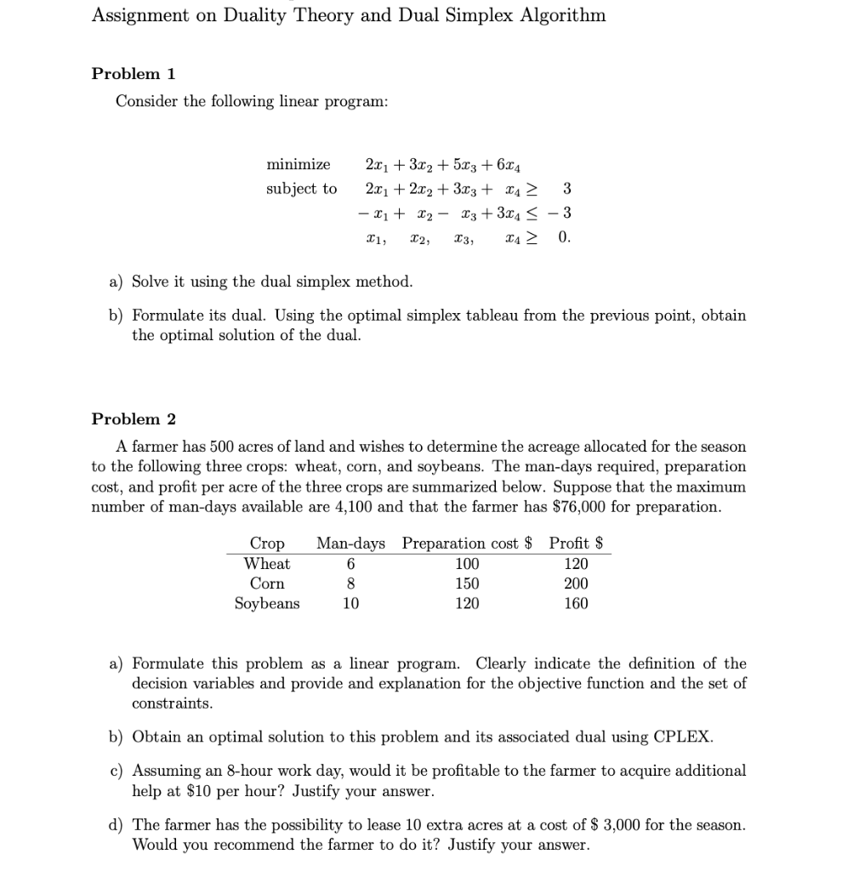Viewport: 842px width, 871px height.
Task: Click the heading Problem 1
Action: click(x=133, y=73)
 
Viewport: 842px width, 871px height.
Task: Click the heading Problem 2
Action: click(x=133, y=418)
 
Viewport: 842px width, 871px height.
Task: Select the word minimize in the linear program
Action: click(x=298, y=164)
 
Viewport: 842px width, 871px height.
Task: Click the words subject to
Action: click(x=301, y=188)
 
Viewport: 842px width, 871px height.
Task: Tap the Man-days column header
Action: click(x=350, y=544)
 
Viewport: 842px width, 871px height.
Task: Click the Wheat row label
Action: click(x=267, y=564)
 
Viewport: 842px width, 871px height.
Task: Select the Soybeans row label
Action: click(x=267, y=604)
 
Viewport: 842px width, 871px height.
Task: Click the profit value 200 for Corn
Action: click(x=576, y=584)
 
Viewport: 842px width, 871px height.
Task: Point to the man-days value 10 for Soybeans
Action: click(x=350, y=604)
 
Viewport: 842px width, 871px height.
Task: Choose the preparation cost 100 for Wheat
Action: click(x=467, y=564)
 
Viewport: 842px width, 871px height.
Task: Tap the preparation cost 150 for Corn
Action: click(x=467, y=584)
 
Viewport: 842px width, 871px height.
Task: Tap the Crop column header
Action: click(x=267, y=544)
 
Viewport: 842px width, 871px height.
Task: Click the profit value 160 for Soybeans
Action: click(x=576, y=604)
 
